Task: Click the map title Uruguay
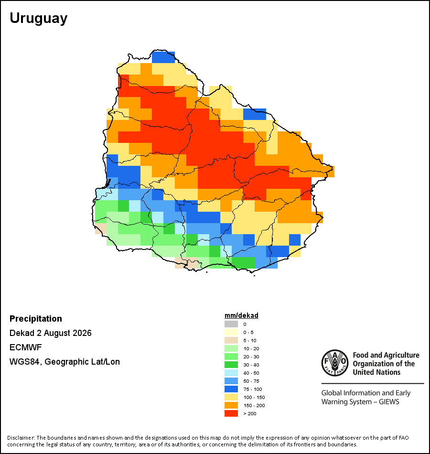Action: pos(39,19)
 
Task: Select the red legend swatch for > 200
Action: pos(231,413)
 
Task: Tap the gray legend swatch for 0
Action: pos(231,324)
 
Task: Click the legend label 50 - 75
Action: pos(251,381)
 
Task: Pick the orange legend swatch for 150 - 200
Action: pos(231,405)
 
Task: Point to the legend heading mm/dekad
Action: pos(241,315)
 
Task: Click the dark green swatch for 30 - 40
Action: pos(231,365)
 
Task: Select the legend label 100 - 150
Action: pos(254,397)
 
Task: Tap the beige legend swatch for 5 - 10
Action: pos(231,340)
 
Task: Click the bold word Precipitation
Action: pos(36,318)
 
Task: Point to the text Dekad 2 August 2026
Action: pos(50,333)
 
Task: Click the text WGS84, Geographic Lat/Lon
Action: pos(64,362)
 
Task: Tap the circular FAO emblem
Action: pos(335,363)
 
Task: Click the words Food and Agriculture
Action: pos(386,355)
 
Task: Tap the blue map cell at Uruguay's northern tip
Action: pos(163,57)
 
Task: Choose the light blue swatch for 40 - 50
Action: pos(231,373)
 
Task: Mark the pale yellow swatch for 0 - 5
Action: pos(231,332)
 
